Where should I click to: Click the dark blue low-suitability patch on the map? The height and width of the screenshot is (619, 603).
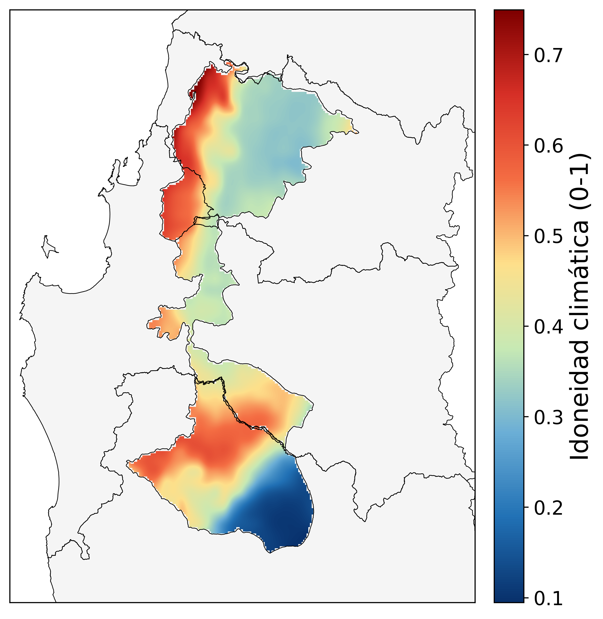point(279,507)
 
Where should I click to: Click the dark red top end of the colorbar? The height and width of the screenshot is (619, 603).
point(509,14)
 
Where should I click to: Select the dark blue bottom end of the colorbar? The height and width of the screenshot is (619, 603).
point(509,597)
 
